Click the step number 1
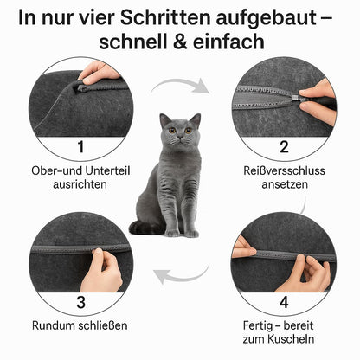coord(81,147)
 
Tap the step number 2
coord(284,147)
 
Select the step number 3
coord(81,302)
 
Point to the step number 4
coord(284,302)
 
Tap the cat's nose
coord(180,137)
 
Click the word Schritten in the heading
coord(166,18)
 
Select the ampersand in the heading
coord(181,42)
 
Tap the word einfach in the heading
coord(228,42)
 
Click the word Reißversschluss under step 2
coord(284,170)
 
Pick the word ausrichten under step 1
coord(80,184)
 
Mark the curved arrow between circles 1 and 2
coord(181,85)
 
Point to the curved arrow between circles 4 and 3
coord(182,274)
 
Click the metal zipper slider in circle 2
coord(295,98)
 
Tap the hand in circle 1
coord(99,72)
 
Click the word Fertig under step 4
coord(257,326)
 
